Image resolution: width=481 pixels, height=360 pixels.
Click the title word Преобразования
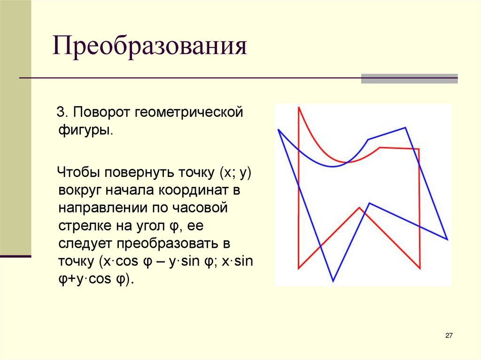149,48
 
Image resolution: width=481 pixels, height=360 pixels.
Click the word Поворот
102,113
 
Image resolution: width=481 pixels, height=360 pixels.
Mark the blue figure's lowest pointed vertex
333,281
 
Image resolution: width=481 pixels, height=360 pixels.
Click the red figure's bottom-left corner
299,268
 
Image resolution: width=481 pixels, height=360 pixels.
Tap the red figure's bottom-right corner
419,268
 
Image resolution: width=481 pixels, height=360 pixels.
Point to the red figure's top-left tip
299,108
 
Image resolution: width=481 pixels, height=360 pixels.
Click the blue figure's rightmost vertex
447,239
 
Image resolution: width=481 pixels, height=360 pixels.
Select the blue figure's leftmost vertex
279,130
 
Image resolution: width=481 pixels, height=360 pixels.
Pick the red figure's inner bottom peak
359,207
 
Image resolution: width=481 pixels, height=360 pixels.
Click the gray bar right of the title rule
409,78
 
